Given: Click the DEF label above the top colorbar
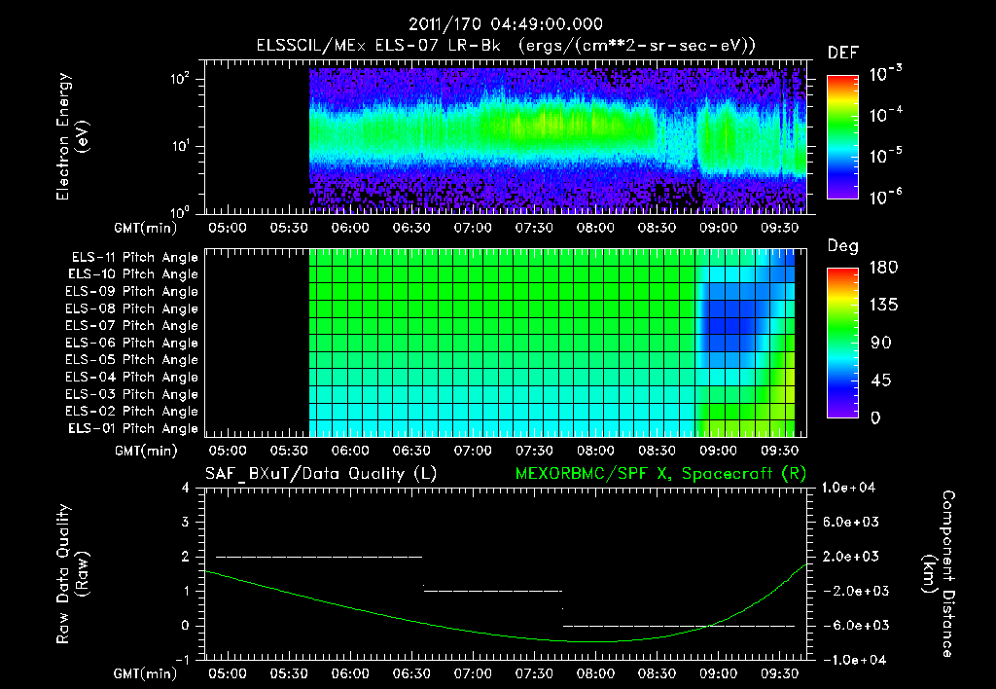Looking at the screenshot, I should coord(842,53).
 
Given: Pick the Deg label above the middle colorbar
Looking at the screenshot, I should coord(842,246).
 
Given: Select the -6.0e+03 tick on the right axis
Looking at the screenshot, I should coord(852,625).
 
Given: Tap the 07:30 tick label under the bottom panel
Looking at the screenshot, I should coord(534,672).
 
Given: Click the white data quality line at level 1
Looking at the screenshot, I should coord(493,591).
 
